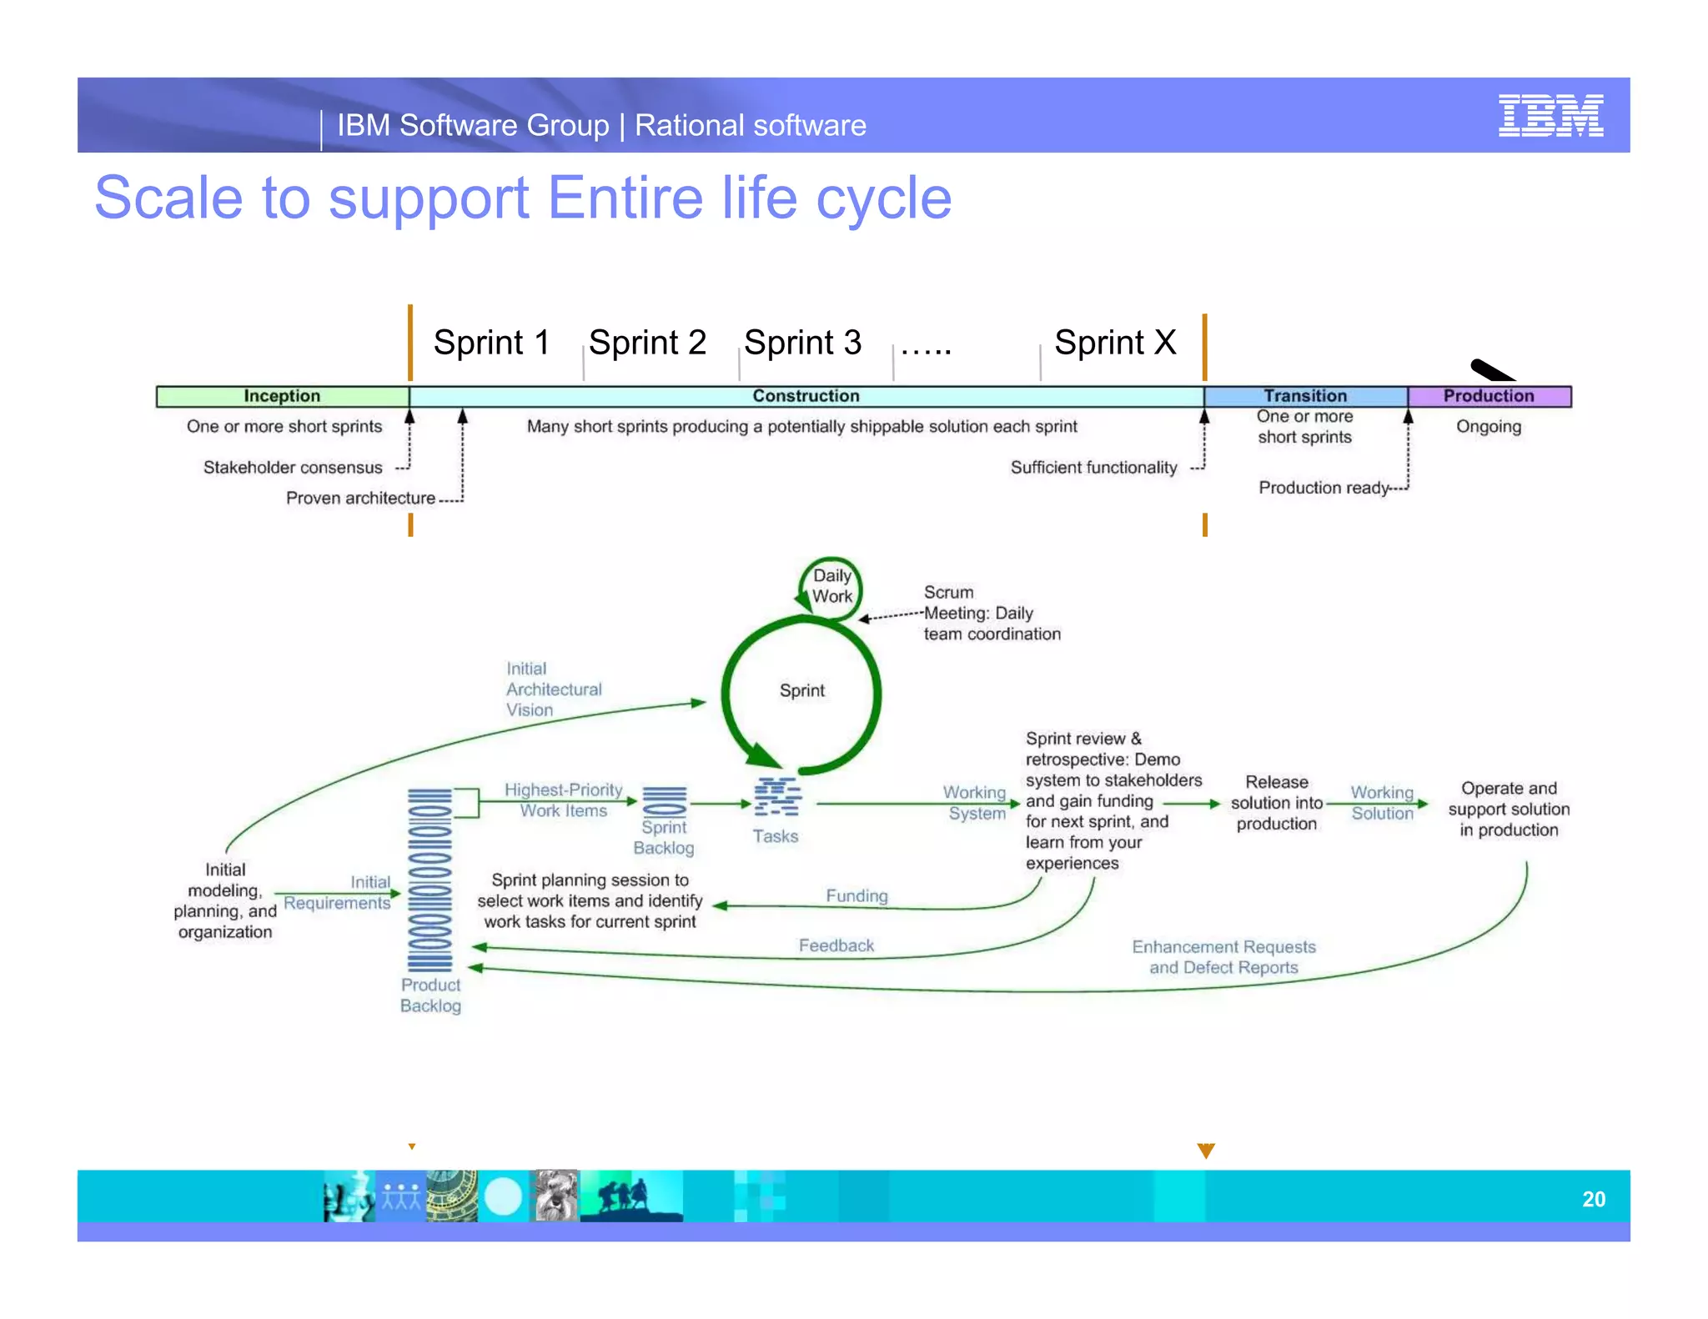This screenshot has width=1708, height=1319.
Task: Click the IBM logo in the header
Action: (x=1550, y=116)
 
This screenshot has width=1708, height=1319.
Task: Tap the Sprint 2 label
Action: (x=647, y=343)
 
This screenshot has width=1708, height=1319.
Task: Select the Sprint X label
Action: (x=1114, y=343)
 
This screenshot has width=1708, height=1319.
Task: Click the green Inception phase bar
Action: (x=282, y=396)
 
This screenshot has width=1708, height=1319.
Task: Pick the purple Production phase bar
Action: (x=1489, y=396)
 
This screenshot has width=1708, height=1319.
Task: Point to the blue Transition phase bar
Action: (x=1305, y=396)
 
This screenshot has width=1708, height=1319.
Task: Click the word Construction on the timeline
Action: (x=806, y=396)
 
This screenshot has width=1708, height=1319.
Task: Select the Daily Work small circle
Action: (x=831, y=586)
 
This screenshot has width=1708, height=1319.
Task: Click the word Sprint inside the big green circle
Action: (x=801, y=690)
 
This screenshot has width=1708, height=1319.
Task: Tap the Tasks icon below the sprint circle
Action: (x=776, y=798)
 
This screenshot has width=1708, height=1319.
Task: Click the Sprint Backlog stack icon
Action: (x=665, y=801)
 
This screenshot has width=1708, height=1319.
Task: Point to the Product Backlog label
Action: (x=430, y=995)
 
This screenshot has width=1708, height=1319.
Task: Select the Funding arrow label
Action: (x=857, y=895)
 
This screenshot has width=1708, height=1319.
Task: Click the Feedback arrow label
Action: (x=836, y=945)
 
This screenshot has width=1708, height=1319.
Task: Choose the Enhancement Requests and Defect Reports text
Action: (x=1223, y=957)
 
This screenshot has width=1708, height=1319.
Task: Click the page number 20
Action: (x=1593, y=1199)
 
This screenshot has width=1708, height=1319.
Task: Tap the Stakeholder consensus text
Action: (x=293, y=468)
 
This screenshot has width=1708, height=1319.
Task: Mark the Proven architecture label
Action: (x=360, y=498)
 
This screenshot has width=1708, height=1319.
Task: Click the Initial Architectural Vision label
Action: (x=553, y=690)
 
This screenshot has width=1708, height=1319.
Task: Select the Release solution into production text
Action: (x=1276, y=803)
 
